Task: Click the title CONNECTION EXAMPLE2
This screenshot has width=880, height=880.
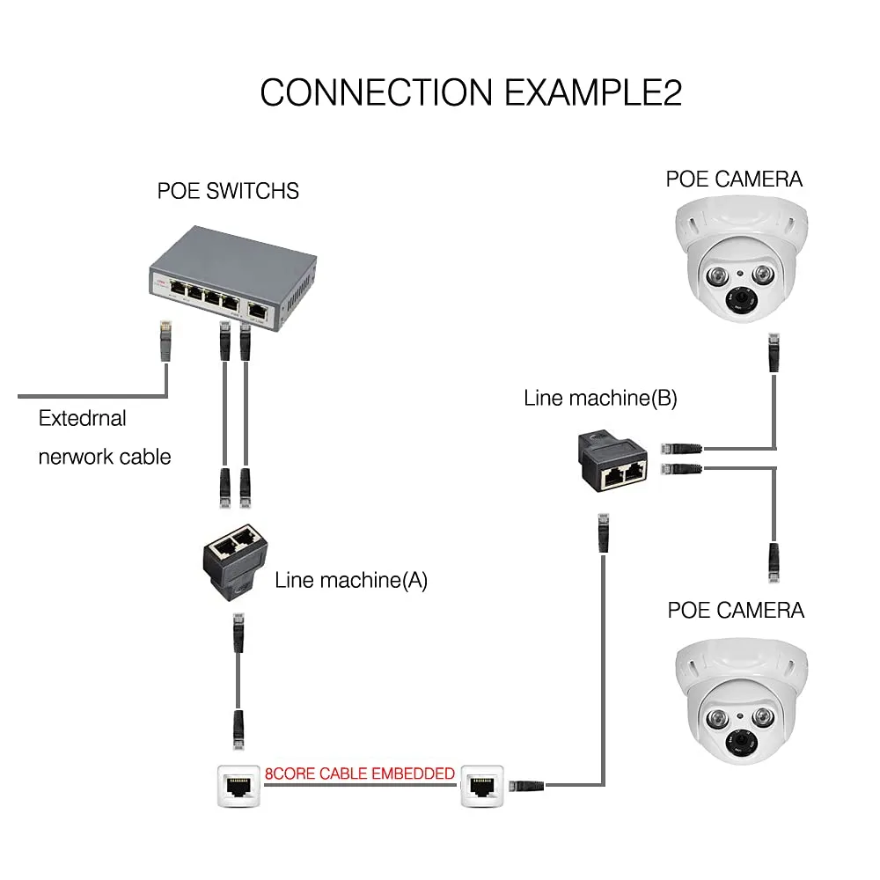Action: [471, 92]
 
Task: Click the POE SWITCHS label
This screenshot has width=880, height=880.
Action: [228, 190]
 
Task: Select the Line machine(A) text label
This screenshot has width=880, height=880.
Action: [351, 580]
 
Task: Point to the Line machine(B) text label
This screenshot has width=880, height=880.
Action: [600, 398]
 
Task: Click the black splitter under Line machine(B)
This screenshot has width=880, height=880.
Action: [613, 463]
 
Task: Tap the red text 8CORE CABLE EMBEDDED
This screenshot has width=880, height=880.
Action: [360, 774]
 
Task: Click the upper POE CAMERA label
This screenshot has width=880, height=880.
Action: [734, 180]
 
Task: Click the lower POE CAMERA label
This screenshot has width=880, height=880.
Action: [736, 610]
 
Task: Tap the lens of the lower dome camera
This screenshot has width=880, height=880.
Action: [739, 744]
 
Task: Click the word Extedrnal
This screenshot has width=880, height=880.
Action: [82, 419]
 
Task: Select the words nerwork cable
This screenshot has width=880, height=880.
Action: [104, 457]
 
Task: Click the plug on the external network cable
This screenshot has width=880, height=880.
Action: [165, 339]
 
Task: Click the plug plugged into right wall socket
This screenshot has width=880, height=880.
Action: [525, 783]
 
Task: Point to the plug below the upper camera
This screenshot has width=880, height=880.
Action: [774, 352]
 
